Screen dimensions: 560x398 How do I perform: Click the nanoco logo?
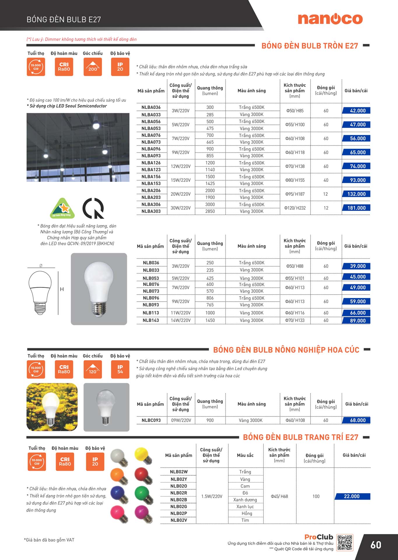(x=330, y=19)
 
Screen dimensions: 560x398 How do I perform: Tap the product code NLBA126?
(x=151, y=163)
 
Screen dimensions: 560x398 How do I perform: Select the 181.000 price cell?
(x=356, y=208)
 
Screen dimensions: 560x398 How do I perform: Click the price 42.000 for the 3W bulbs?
(x=356, y=111)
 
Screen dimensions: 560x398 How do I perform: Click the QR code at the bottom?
(x=345, y=542)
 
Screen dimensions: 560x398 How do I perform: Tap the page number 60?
(x=376, y=545)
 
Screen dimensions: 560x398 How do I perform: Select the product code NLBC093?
(x=151, y=420)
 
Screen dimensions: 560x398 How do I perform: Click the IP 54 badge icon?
(x=120, y=369)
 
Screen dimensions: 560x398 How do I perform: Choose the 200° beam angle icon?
(x=93, y=67)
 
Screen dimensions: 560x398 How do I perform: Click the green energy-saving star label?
(x=62, y=208)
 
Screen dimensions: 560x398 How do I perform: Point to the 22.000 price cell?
(x=352, y=496)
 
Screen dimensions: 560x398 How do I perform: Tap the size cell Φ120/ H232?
(x=295, y=208)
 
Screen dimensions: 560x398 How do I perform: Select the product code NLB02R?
(x=179, y=493)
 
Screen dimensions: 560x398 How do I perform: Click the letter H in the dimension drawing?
(x=62, y=289)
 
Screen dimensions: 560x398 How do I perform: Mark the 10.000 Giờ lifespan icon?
(x=37, y=462)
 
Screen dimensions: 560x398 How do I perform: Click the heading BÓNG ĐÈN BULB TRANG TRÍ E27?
(x=300, y=437)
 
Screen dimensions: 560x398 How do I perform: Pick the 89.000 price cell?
(x=356, y=321)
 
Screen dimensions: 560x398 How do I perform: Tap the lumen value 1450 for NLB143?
(x=210, y=320)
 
